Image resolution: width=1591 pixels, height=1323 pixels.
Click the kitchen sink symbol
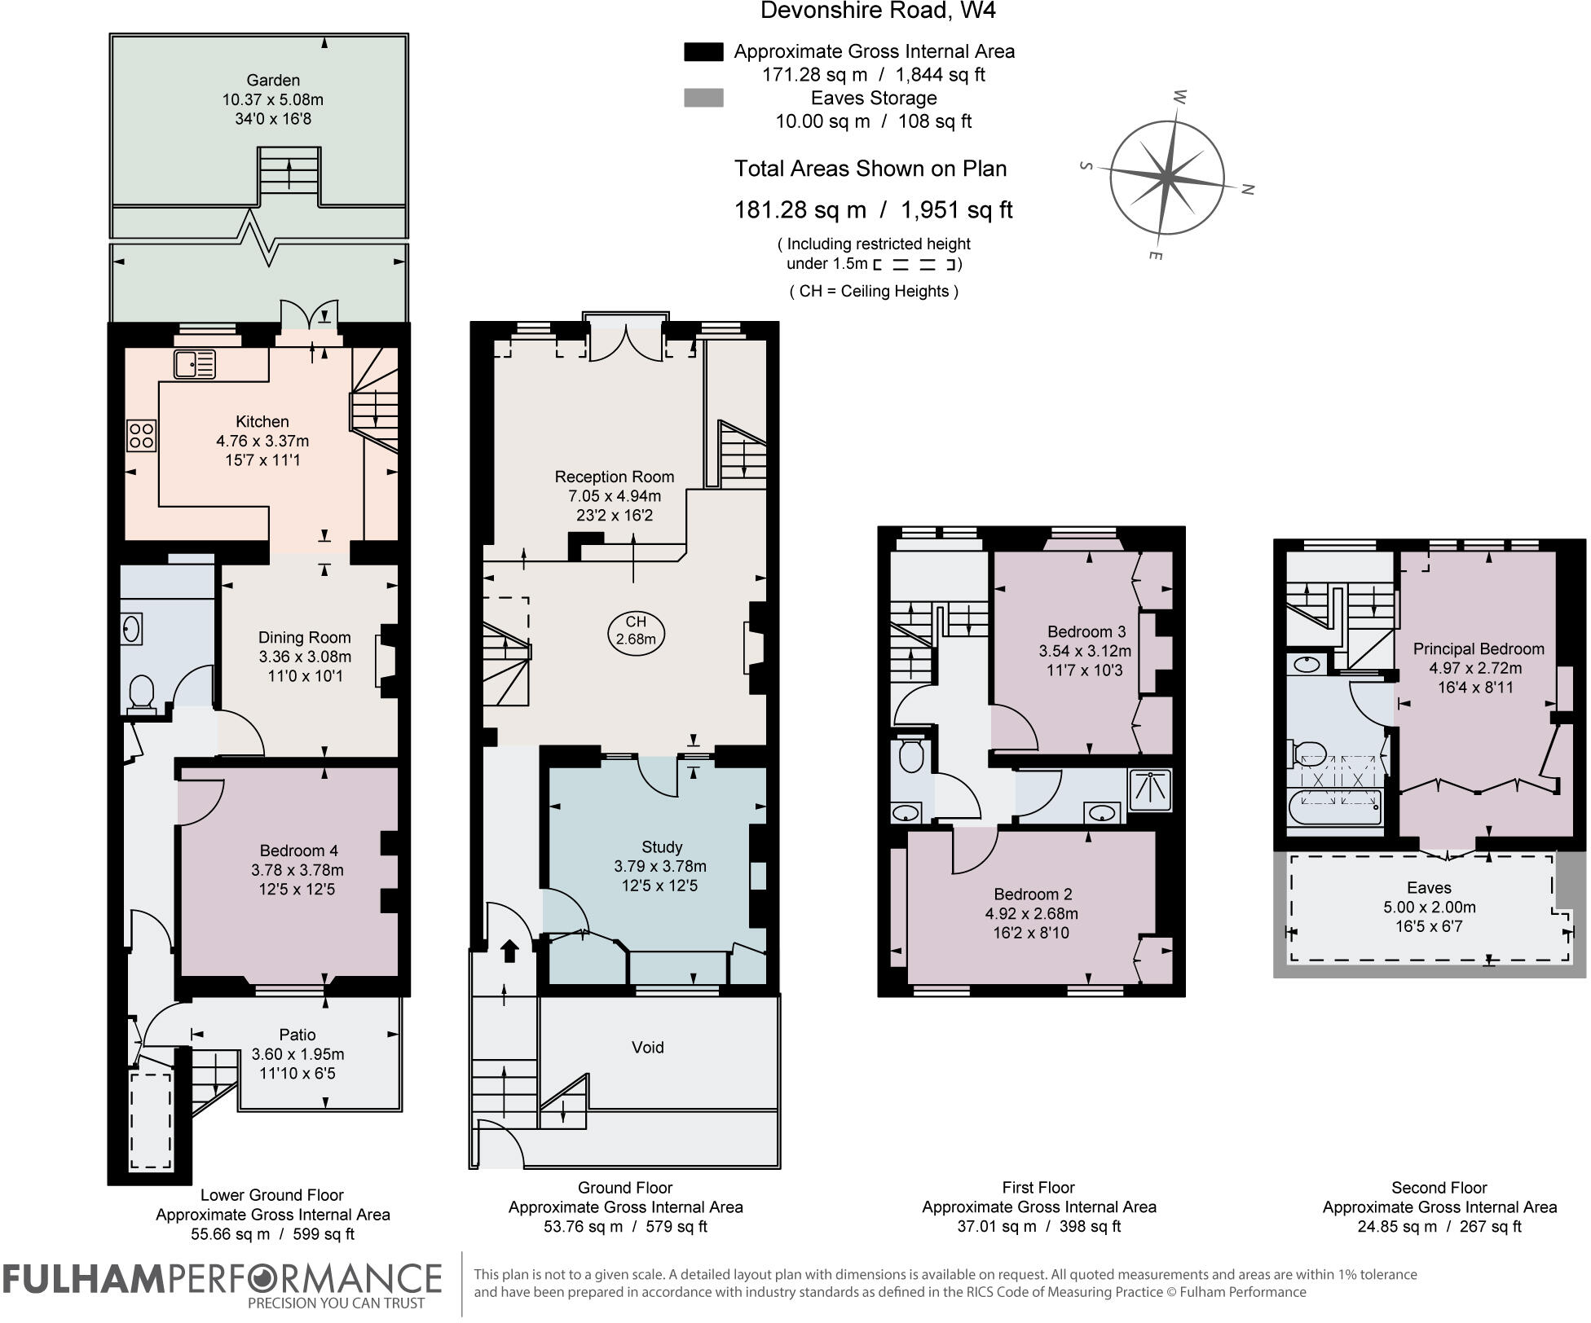point(195,363)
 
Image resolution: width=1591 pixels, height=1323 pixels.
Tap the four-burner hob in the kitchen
point(141,435)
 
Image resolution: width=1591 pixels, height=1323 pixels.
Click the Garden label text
point(273,80)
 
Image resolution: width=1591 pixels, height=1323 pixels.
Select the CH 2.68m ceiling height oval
point(636,631)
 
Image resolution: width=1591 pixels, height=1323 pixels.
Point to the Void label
point(647,1047)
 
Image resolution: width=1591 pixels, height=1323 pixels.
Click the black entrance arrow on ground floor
point(509,951)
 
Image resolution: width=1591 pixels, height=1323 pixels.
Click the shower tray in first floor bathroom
point(1149,789)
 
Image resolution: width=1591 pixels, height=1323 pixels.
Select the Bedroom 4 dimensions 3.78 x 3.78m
point(297,870)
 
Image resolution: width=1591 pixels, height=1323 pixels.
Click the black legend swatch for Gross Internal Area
point(703,52)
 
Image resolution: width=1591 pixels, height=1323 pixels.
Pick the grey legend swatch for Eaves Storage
point(703,99)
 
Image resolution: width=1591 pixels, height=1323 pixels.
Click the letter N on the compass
point(1247,189)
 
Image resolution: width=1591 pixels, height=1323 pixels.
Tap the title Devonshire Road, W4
point(878,11)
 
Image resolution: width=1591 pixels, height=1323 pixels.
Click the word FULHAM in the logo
point(84,1278)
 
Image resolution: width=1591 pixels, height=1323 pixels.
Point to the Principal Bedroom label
point(1478,648)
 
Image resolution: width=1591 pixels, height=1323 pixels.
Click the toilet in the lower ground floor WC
point(142,692)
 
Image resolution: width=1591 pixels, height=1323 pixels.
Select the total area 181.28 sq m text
point(800,210)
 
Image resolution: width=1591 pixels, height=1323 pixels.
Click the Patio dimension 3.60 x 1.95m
point(297,1054)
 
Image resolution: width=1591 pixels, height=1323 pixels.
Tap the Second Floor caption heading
point(1439,1188)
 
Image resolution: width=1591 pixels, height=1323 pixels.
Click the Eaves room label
point(1429,887)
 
